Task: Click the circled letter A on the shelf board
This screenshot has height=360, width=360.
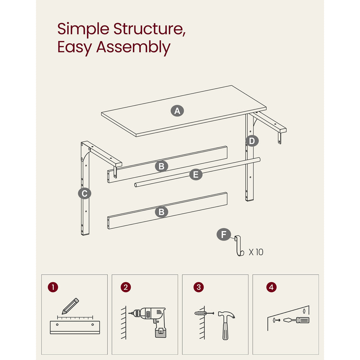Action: [x=177, y=111]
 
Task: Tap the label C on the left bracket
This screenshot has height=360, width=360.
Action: [x=84, y=193]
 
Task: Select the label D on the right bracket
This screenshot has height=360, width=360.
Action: [x=252, y=141]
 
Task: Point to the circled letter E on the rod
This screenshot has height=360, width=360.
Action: [x=196, y=174]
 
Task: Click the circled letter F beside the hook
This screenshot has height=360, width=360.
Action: [x=223, y=234]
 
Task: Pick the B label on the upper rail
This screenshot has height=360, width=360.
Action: [x=161, y=166]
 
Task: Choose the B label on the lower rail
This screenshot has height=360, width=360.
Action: [x=161, y=212]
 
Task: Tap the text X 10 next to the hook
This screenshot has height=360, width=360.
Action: [x=256, y=252]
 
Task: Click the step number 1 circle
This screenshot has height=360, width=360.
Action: [x=53, y=287]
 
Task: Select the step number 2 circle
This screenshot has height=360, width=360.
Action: [x=125, y=287]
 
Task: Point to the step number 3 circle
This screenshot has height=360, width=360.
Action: [x=199, y=287]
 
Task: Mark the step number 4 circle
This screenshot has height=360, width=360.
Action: [x=271, y=287]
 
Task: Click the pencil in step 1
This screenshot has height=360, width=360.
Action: [x=70, y=306]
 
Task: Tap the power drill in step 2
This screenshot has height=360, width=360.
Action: [x=150, y=320]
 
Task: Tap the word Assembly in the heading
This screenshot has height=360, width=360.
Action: [x=133, y=47]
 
